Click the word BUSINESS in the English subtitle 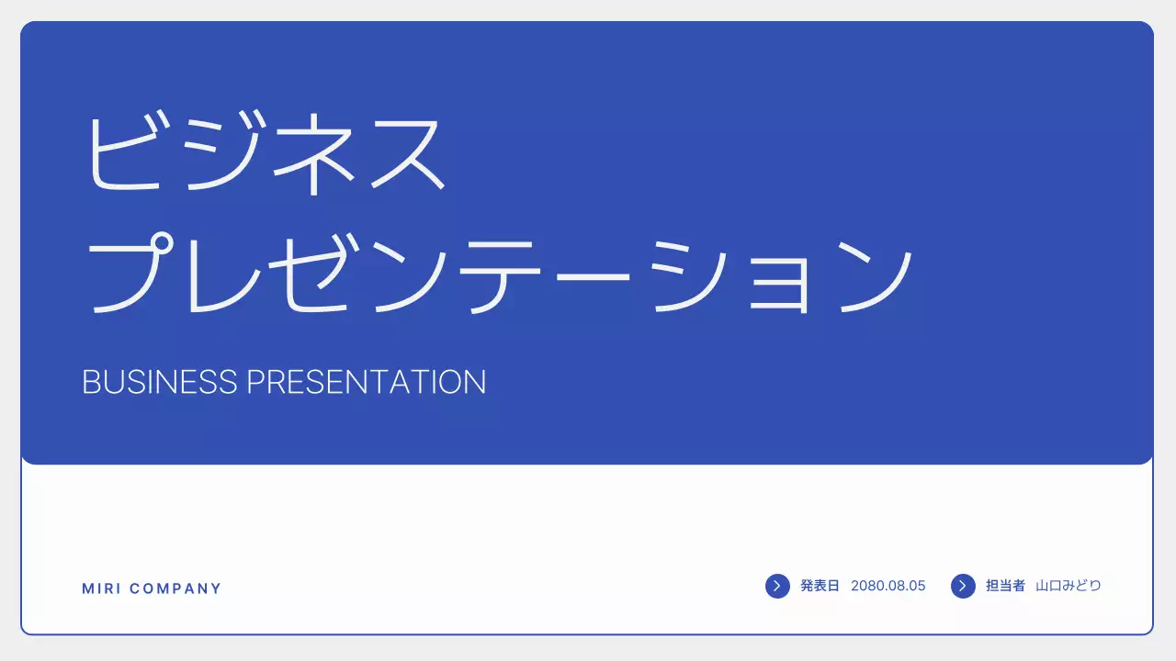point(160,382)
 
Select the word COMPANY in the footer point(176,588)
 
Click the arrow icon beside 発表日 point(777,586)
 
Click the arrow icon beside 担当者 point(963,586)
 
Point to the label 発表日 point(820,586)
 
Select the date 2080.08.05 point(888,586)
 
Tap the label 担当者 point(1005,586)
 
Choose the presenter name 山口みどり point(1069,586)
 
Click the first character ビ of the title point(128,151)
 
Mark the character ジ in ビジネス point(220,151)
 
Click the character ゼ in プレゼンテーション point(314,274)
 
